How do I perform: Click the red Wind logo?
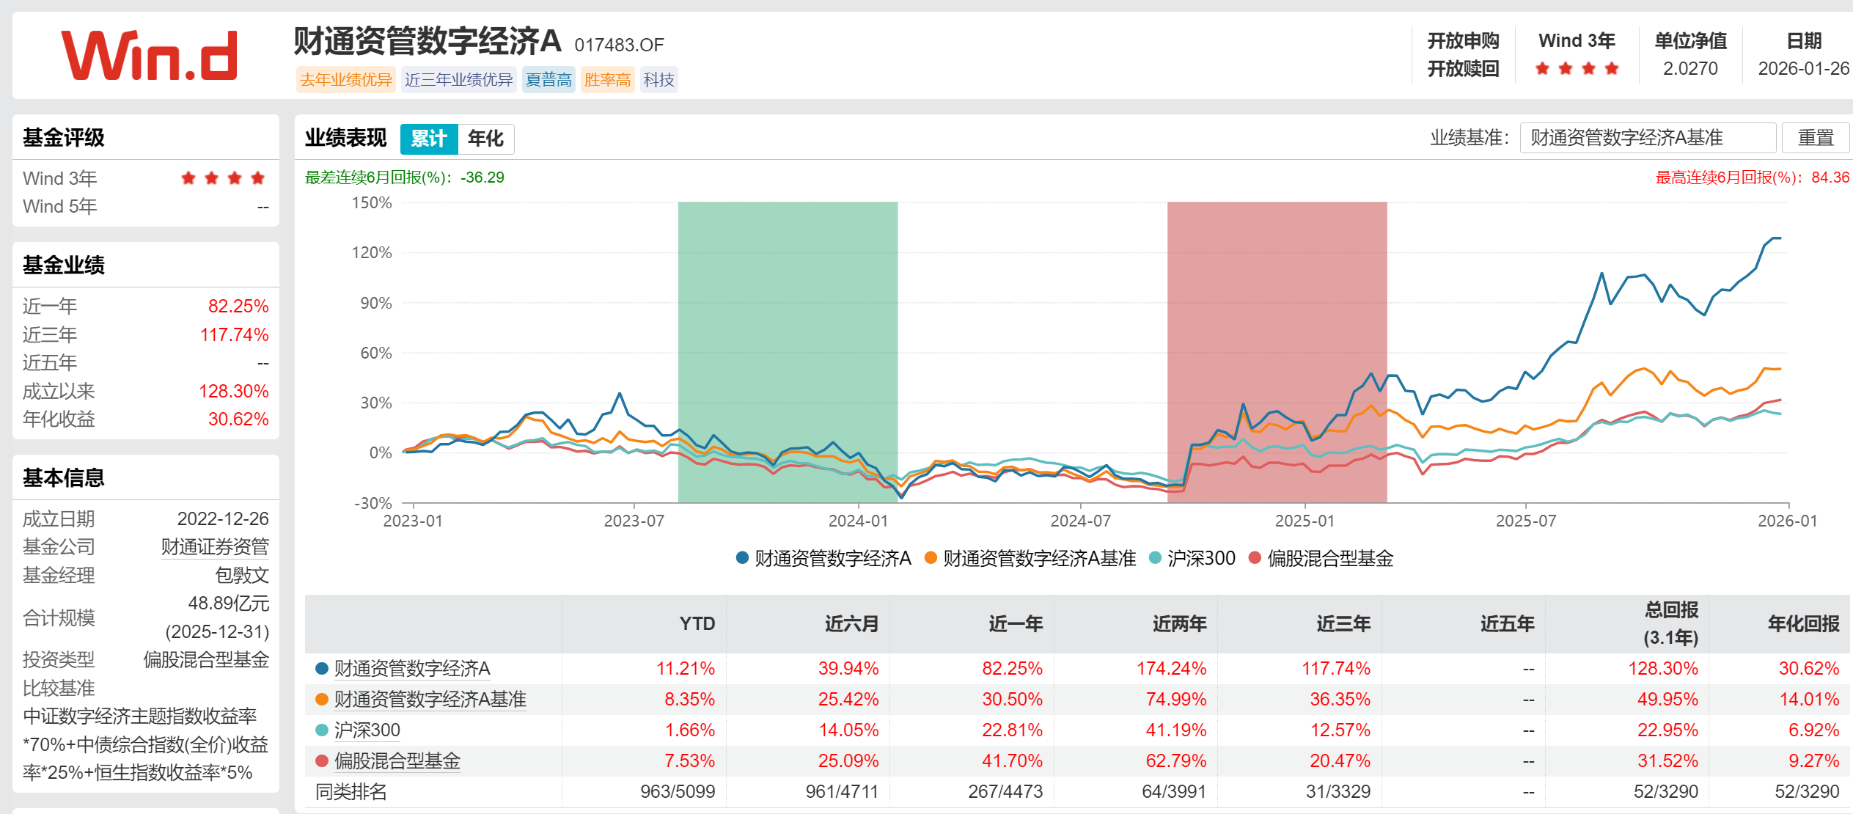(150, 56)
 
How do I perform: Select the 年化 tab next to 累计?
(485, 139)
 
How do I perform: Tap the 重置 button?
(1815, 138)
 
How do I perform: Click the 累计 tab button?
(429, 139)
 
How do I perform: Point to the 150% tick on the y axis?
(372, 202)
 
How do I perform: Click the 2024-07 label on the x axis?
(1080, 521)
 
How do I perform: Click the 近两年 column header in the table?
(1179, 623)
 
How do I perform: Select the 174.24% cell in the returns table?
(1171, 668)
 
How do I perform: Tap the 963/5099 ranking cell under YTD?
(677, 791)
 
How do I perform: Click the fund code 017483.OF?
(619, 45)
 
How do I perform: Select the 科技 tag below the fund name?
(658, 80)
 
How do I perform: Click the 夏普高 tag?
(548, 80)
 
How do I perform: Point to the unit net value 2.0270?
(1690, 68)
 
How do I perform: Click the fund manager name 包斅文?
(242, 575)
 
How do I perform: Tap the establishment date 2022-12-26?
(223, 518)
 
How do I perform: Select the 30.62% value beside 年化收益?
(238, 419)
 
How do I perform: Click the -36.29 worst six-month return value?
(482, 177)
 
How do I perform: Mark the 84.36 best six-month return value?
(1830, 177)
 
